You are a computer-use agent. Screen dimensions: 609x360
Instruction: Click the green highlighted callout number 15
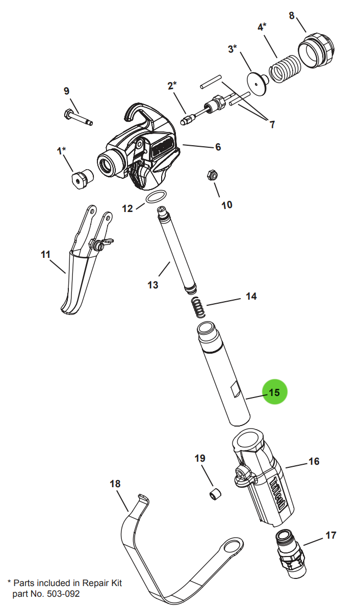[275, 392]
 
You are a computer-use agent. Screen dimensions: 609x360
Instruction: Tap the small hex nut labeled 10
[211, 175]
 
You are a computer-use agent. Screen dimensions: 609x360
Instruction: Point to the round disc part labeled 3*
[258, 81]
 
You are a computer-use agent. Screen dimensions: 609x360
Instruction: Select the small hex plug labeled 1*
[81, 178]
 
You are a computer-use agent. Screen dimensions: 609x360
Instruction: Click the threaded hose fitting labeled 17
[290, 552]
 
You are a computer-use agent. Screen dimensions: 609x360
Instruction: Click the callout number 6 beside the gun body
[218, 147]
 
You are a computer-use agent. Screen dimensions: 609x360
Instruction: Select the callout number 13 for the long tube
[153, 285]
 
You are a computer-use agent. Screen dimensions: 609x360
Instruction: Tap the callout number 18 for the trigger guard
[115, 483]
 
